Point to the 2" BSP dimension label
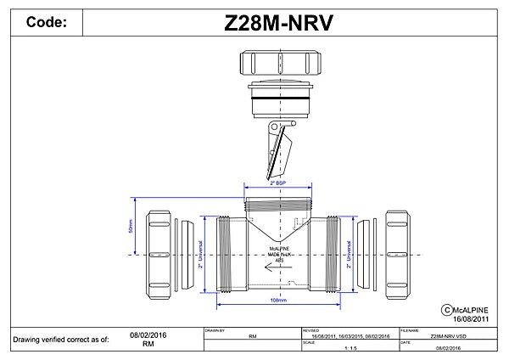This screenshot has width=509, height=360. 277,183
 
